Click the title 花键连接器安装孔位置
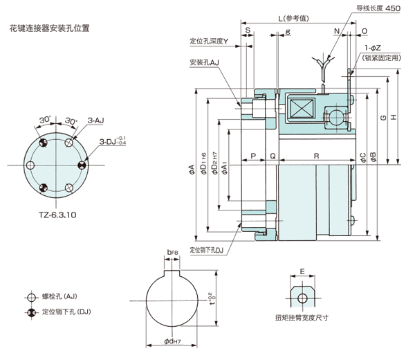pyautogui.click(x=49, y=30)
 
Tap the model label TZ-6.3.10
pyautogui.click(x=57, y=215)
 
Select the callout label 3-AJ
pyautogui.click(x=95, y=120)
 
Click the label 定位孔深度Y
pyautogui.click(x=213, y=41)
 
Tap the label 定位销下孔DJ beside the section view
pyautogui.click(x=208, y=251)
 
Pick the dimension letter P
pyautogui.click(x=253, y=156)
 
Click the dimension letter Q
pyautogui.click(x=273, y=156)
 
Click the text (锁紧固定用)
pyautogui.click(x=382, y=58)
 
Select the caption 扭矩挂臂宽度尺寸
pyautogui.click(x=302, y=319)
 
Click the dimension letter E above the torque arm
pyautogui.click(x=302, y=272)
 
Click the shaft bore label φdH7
pyautogui.click(x=172, y=341)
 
